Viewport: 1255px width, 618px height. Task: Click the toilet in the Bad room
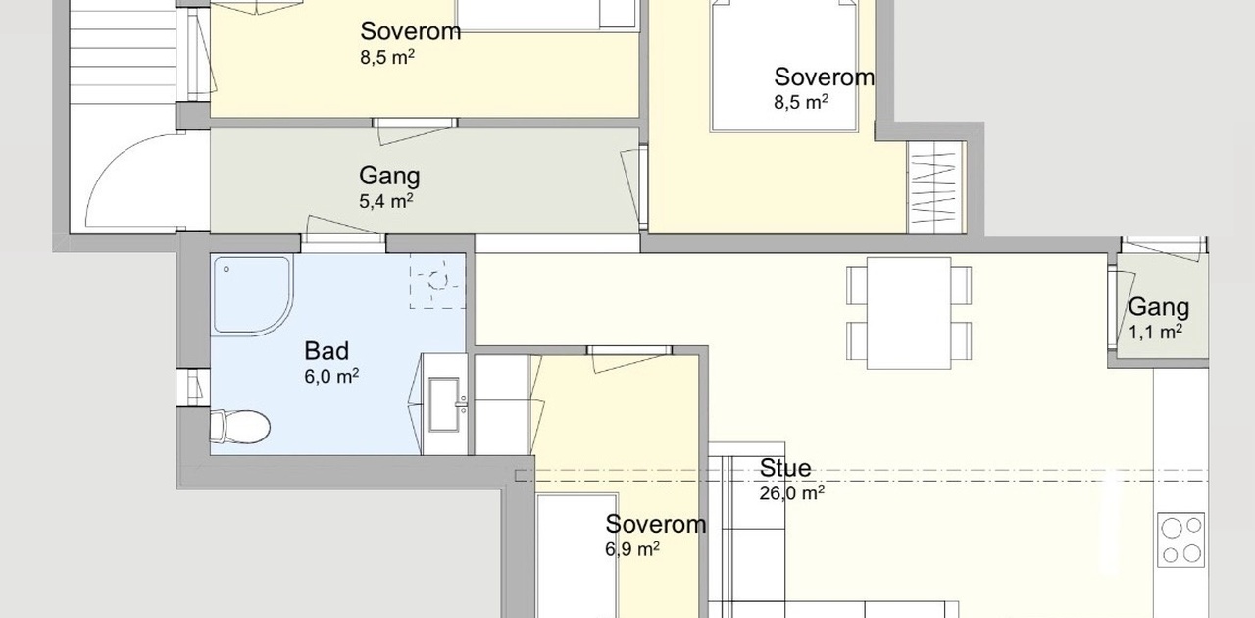pos(240,427)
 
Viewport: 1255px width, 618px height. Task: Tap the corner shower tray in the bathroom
pos(252,295)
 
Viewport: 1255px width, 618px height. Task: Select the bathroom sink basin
pos(444,404)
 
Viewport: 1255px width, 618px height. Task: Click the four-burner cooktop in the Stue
pos(1181,540)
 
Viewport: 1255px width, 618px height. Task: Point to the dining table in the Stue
pos(909,313)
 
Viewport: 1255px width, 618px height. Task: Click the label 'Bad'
pos(326,351)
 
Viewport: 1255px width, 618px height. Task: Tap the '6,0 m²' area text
pos(331,376)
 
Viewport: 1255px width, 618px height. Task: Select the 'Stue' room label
pos(785,468)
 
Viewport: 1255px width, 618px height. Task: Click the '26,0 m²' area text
pos(791,493)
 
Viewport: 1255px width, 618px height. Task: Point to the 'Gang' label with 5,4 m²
pos(389,177)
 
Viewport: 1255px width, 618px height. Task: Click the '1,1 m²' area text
pos(1155,332)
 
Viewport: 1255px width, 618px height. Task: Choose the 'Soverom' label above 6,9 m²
pos(656,525)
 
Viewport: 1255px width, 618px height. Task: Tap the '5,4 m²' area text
pos(386,201)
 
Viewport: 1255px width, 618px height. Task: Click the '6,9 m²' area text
pos(632,549)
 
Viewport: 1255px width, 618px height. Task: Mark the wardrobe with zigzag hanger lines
pos(934,187)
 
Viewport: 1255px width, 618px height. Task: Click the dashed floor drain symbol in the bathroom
pos(437,281)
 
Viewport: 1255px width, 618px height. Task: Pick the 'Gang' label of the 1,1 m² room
pos(1159,307)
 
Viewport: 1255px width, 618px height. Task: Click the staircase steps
pos(124,50)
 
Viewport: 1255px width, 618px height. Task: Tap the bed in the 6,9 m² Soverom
pos(577,556)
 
